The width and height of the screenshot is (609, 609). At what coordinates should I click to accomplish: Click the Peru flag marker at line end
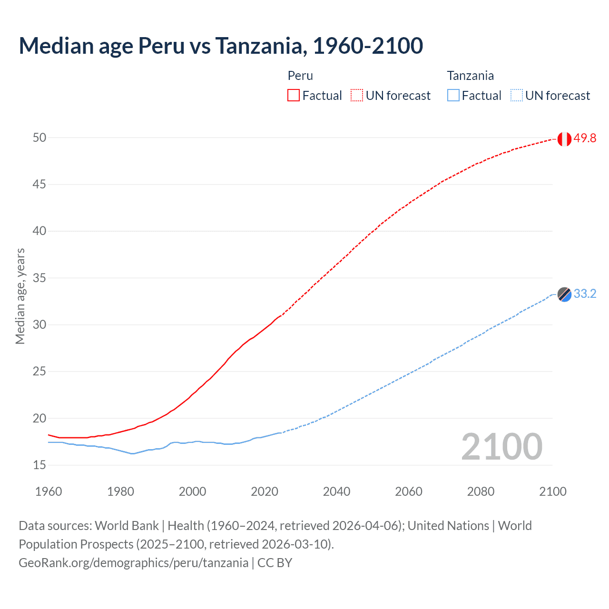pos(564,139)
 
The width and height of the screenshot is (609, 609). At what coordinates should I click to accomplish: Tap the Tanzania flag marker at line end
pos(564,295)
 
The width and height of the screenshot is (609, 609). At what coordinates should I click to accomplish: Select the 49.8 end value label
pos(585,138)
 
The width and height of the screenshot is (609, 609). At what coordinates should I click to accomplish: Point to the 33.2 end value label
pos(585,294)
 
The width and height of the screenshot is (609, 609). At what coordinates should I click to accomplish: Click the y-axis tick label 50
pos(39,138)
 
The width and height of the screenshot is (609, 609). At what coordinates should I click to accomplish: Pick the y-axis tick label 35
pos(39,278)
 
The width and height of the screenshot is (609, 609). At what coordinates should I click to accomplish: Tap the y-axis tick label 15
pos(39,465)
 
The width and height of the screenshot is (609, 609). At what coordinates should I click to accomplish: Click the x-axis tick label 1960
pos(49,491)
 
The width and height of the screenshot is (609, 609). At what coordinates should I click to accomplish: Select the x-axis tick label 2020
pos(265,491)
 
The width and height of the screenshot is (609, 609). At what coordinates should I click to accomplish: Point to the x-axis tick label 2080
pos(481,491)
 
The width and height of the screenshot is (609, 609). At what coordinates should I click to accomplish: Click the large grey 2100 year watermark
pos(501,447)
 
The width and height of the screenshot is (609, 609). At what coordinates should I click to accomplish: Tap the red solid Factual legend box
pos(294,96)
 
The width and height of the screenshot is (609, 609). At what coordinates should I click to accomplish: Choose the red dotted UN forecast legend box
pos(357,96)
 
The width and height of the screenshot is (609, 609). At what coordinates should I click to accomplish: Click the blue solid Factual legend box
pos(453,96)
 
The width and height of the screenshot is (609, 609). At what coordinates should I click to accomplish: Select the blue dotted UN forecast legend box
pos(517,96)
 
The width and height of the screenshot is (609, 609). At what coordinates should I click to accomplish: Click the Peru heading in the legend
pos(300,76)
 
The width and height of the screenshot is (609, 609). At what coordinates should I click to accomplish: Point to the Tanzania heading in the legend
pos(470,76)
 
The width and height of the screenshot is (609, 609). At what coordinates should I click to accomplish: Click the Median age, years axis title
pos(20,296)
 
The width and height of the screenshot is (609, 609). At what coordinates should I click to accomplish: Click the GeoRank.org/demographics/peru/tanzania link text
pos(133,563)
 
